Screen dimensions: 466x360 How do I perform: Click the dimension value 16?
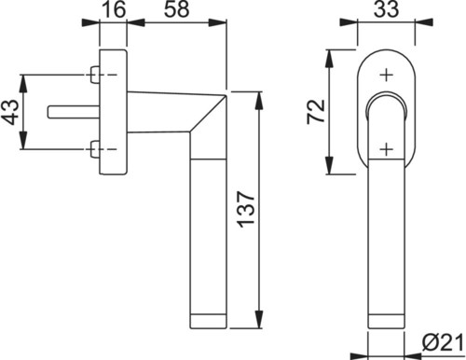pyautogui.click(x=114, y=9)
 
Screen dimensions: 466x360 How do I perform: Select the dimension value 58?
pyautogui.click(x=176, y=9)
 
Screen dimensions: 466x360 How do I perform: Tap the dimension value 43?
pyautogui.click(x=10, y=112)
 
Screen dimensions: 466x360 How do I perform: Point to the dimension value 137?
pyautogui.click(x=246, y=209)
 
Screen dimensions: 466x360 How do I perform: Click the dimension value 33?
pyautogui.click(x=386, y=9)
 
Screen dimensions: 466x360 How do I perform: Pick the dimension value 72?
pyautogui.click(x=316, y=112)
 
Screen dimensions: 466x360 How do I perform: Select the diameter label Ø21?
pyautogui.click(x=443, y=343)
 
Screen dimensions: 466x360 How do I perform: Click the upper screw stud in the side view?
pyautogui.click(x=95, y=75)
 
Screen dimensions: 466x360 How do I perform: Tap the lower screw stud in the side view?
pyautogui.click(x=95, y=149)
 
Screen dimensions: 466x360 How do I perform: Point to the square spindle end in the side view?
pyautogui.click(x=74, y=112)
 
